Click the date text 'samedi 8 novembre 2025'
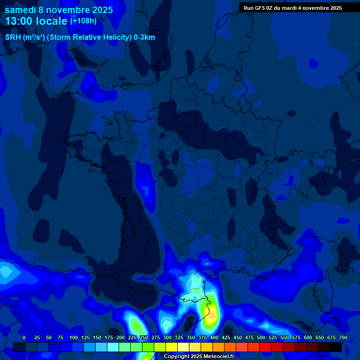(59, 10)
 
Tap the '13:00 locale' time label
(37, 21)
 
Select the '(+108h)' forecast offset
(83, 21)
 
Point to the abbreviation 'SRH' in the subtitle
(13, 37)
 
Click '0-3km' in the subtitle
(144, 37)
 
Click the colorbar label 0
(24, 337)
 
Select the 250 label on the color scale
(144, 337)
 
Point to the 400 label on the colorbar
(214, 337)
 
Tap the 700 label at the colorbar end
(343, 337)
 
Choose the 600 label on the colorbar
(308, 337)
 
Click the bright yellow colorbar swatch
(172, 347)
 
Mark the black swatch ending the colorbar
(336, 347)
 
